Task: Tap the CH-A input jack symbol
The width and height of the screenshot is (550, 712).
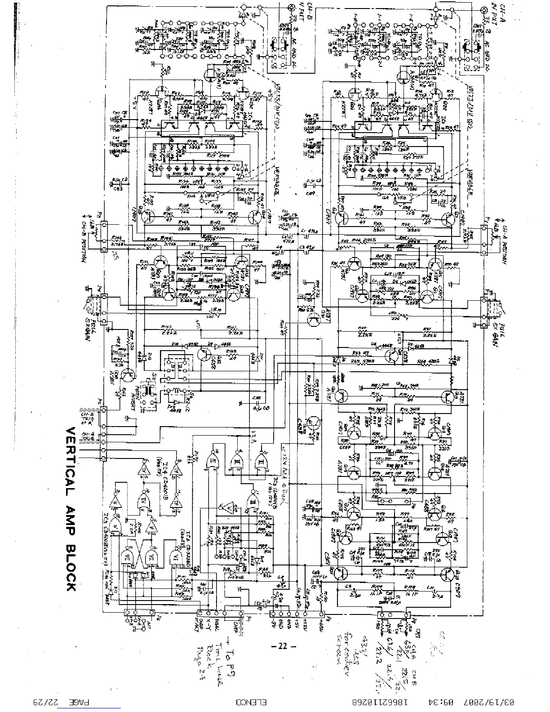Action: (x=484, y=10)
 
